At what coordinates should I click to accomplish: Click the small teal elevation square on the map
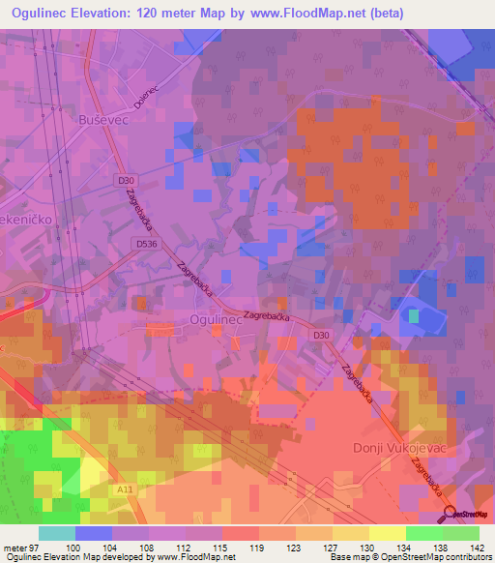415,315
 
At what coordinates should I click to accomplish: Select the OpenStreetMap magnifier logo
451,515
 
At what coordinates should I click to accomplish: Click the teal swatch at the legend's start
57,533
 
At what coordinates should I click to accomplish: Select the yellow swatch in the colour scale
387,533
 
